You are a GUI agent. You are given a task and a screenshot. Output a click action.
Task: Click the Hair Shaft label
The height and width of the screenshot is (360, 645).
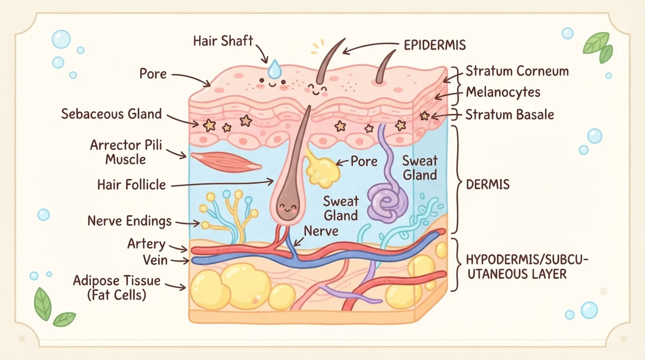click(x=223, y=41)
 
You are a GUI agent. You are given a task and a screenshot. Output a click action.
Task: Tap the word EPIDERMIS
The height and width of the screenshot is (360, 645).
click(x=435, y=45)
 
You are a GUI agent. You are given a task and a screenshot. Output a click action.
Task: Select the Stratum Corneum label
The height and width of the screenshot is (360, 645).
click(x=517, y=71)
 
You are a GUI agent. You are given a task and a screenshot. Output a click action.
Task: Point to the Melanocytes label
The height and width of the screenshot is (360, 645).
click(x=503, y=92)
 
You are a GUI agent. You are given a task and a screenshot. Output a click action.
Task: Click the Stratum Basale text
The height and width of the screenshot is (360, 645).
click(x=509, y=114)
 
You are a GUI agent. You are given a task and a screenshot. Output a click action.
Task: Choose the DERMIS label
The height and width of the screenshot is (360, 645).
click(x=488, y=185)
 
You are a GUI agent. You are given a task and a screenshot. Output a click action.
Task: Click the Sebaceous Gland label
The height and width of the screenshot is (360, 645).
click(x=111, y=114)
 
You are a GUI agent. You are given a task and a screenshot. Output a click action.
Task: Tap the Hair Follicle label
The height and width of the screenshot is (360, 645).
click(x=132, y=185)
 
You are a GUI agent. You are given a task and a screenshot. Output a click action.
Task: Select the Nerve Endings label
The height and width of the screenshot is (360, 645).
click(x=130, y=221)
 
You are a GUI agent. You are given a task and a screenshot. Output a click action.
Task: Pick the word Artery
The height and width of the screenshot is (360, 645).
click(x=146, y=244)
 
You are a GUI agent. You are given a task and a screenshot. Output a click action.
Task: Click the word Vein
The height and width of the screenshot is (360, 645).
click(x=155, y=260)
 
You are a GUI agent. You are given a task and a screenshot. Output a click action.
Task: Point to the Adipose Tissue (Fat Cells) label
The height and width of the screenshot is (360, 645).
click(x=116, y=287)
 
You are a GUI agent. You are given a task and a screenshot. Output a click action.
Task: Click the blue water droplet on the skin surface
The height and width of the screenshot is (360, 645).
click(x=275, y=69)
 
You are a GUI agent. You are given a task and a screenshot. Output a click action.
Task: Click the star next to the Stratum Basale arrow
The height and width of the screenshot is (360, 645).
click(x=424, y=116)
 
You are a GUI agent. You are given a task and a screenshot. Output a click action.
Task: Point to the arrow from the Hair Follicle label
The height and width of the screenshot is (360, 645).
click(x=222, y=184)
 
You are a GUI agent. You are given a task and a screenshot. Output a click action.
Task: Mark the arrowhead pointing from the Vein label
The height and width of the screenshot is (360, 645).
click(x=186, y=261)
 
